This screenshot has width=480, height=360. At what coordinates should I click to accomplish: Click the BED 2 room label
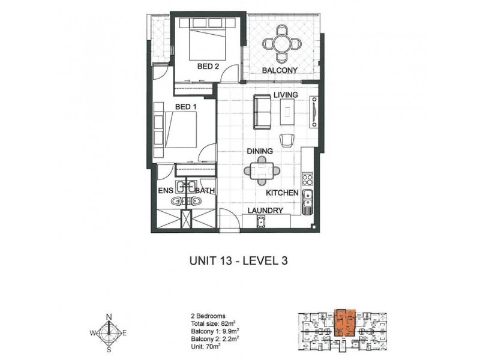208,66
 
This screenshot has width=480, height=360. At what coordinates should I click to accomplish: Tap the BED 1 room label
185,107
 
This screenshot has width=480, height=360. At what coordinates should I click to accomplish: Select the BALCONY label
280,70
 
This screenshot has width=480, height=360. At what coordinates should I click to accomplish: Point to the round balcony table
282,44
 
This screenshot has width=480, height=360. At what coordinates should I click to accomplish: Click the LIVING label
286,95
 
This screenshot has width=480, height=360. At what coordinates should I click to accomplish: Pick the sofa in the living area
262,112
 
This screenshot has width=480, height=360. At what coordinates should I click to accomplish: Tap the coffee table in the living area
287,112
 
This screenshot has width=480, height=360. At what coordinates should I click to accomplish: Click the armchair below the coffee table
287,140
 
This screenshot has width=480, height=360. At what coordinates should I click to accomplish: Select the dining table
262,171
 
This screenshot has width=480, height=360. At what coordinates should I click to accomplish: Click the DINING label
260,151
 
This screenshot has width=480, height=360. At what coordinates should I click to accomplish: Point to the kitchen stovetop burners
308,179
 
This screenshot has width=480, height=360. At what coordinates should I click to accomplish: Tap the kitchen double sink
307,199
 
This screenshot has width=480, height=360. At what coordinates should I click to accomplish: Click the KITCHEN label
282,193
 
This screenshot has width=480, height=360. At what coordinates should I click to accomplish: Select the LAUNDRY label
265,211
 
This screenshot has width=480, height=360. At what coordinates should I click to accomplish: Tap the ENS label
166,191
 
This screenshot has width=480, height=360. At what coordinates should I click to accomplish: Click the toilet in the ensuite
176,201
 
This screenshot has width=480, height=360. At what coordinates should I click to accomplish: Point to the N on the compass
109,317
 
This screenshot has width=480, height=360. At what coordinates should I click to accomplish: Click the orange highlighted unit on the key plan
344,323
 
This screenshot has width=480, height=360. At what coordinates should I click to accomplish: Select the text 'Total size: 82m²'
213,323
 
